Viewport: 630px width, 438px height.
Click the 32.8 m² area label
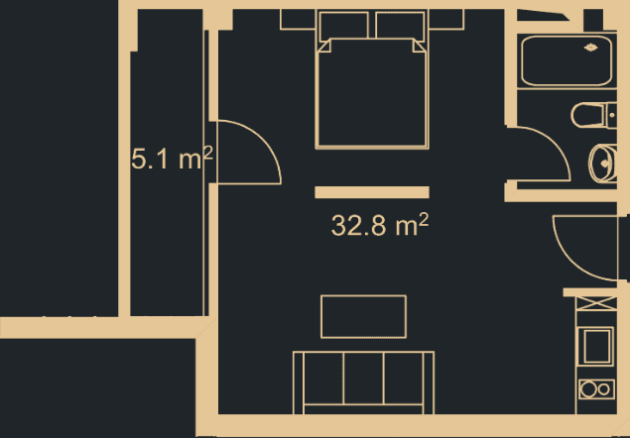tap(380, 225)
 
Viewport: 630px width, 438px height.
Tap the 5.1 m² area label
tap(172, 159)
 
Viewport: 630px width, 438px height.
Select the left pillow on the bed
tap(343, 27)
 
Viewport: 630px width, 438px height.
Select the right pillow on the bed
tap(400, 27)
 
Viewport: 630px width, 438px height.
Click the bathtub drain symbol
tap(590, 48)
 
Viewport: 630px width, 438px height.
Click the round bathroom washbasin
tap(602, 164)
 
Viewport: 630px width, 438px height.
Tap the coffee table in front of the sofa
tap(364, 317)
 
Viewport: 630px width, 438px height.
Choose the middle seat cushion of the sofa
tap(364, 379)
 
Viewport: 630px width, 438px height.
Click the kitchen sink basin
tap(596, 346)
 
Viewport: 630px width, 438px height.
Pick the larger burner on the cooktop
tap(588, 389)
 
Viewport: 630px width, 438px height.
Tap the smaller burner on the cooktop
tap(604, 389)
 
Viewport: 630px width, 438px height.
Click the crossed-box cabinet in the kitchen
tap(596, 303)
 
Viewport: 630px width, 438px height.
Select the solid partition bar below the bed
tap(372, 192)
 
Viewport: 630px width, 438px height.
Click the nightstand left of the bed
tap(298, 20)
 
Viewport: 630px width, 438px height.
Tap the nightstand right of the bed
tap(446, 20)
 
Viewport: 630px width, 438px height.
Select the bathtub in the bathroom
tap(567, 61)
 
